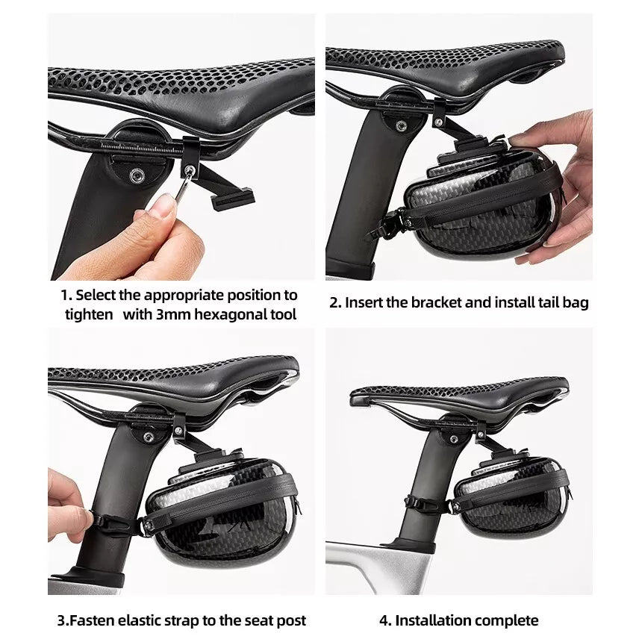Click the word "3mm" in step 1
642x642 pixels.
coord(173,314)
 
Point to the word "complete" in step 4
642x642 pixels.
coord(505,620)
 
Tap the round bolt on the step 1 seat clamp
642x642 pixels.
coord(137,176)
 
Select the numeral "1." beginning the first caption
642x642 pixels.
coord(66,296)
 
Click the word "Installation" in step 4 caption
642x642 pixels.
coord(431,620)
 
